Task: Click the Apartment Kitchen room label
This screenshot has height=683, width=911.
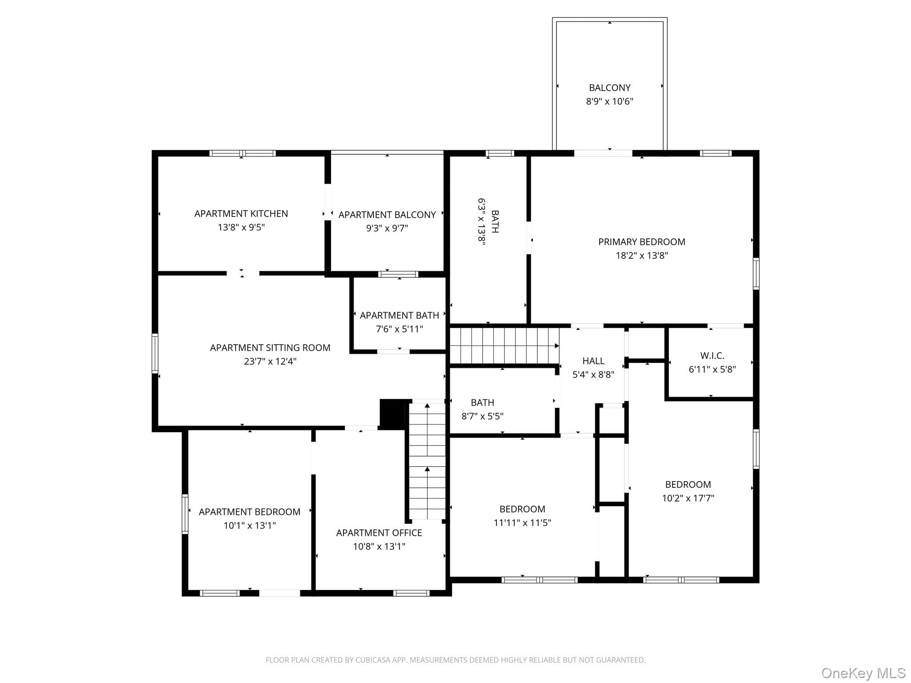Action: tap(241, 213)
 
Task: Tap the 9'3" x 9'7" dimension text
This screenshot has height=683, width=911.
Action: tap(387, 228)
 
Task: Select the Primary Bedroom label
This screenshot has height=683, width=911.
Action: tap(641, 242)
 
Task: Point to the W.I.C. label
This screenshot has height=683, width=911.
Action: tap(712, 356)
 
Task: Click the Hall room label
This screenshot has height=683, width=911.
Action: tap(593, 361)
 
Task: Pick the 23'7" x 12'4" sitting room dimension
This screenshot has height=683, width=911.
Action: tap(270, 361)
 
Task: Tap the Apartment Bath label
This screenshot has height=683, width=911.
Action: tap(399, 315)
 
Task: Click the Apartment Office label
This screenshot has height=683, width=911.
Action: tap(379, 533)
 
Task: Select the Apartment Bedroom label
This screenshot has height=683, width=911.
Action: tap(250, 512)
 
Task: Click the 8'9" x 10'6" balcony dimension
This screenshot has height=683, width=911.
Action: tap(609, 101)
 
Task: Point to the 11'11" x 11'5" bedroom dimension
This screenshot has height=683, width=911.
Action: tap(522, 523)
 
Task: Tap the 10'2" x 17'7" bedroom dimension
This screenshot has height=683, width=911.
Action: tap(688, 498)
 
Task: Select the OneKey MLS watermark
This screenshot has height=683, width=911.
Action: tap(863, 673)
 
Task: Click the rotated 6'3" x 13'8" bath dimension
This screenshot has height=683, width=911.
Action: tap(481, 221)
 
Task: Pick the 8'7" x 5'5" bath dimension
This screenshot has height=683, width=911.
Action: tap(482, 416)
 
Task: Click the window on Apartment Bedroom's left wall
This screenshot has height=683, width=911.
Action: tap(185, 514)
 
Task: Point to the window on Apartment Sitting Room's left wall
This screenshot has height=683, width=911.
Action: tap(155, 353)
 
